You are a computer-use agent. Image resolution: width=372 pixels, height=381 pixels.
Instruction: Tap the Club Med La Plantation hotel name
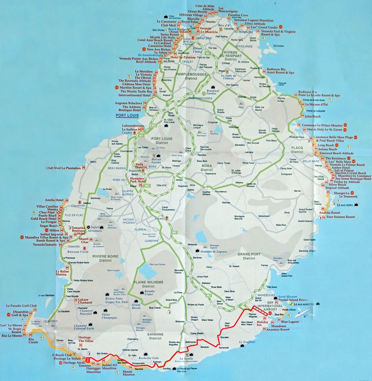(64, 168)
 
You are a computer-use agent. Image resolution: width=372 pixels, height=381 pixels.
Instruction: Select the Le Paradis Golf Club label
(22, 306)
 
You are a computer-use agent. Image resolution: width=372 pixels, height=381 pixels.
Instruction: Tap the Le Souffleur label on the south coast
(247, 342)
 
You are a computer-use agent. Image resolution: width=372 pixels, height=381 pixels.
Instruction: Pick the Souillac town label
(167, 369)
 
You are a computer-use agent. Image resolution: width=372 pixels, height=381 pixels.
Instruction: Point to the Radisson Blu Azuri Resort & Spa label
(280, 71)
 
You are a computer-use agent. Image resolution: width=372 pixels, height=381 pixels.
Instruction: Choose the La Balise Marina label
(61, 273)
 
